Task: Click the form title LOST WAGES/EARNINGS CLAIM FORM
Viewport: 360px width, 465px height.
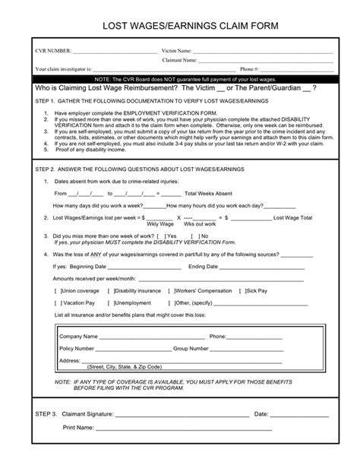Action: [x=180, y=27]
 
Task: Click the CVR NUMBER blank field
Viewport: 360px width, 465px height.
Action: [x=114, y=52]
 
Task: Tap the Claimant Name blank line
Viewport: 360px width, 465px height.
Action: [x=267, y=60]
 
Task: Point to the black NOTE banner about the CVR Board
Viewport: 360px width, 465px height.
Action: [x=180, y=78]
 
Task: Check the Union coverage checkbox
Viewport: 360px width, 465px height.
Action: [x=58, y=291]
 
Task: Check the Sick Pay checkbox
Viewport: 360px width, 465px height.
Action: [x=242, y=291]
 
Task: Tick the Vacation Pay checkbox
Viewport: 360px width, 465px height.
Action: [x=58, y=302]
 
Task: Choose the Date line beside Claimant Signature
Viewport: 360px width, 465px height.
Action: [x=300, y=415]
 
